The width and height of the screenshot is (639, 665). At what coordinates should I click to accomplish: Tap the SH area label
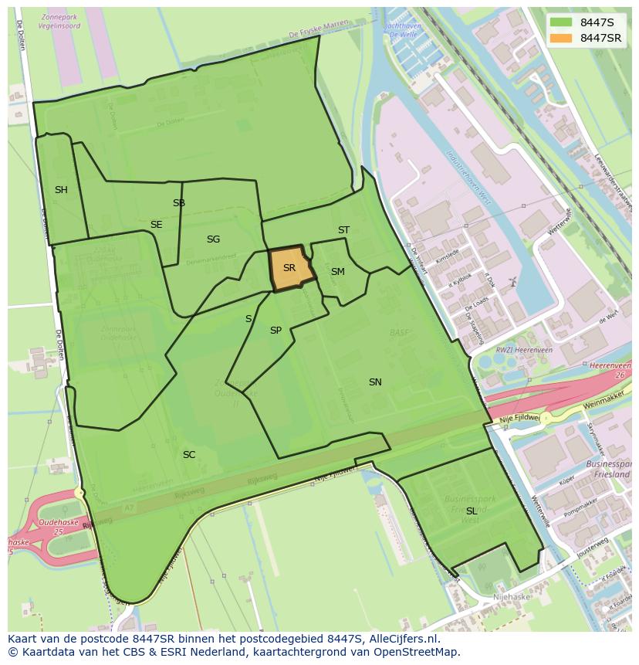point(61,189)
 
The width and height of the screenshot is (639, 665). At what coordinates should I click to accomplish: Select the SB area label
point(179,203)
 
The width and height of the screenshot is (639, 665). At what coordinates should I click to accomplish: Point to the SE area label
point(157,225)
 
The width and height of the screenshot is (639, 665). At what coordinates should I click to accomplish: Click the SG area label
point(213,239)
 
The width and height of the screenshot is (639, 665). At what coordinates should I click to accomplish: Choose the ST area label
point(343,230)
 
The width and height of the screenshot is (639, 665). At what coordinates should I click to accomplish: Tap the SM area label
point(338,272)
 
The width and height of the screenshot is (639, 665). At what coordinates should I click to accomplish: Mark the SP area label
point(276,331)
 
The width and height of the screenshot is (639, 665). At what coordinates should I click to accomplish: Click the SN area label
point(375,382)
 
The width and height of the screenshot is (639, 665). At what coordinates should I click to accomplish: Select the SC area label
point(189,455)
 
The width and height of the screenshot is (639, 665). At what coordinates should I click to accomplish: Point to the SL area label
point(471,511)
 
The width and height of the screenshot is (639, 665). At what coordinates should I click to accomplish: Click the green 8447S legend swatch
point(561,22)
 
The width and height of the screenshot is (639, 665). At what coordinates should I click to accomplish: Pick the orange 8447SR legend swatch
point(561,38)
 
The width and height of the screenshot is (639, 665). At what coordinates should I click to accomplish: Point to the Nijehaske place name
point(510,596)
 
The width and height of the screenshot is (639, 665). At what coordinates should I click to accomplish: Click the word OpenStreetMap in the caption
point(418,652)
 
